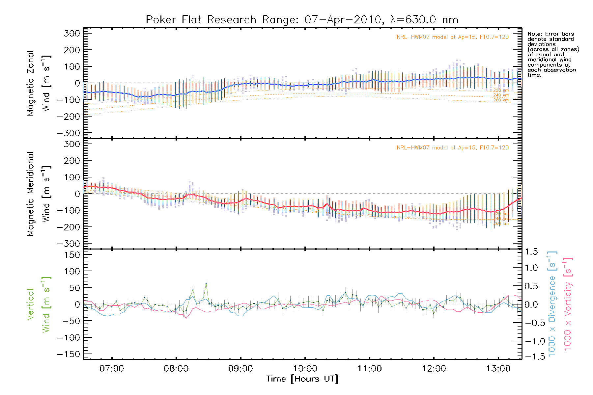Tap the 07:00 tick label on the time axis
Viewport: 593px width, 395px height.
(112, 368)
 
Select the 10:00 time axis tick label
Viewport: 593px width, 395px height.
(305, 368)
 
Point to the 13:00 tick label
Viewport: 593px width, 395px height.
(498, 368)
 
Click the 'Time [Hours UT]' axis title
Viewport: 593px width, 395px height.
(302, 379)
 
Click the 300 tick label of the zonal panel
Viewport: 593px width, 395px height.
(72, 33)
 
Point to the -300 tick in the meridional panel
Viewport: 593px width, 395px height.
(69, 244)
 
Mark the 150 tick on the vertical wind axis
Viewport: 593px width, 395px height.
(72, 255)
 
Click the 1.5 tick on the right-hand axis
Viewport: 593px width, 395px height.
(531, 252)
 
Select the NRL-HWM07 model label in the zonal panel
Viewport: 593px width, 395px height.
(452, 37)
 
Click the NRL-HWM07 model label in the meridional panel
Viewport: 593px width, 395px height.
(452, 148)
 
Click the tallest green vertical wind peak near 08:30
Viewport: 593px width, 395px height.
(206, 283)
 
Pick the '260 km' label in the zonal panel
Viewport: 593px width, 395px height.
(501, 100)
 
